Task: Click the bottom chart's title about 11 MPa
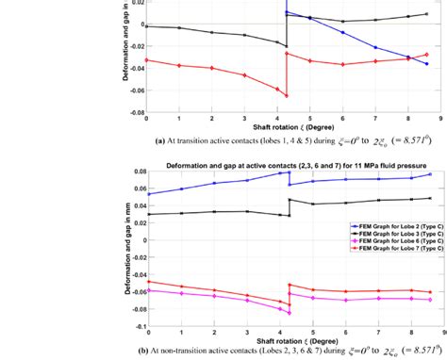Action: pyautogui.click(x=287, y=164)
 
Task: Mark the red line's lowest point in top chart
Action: pyautogui.click(x=286, y=96)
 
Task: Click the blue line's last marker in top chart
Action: pyautogui.click(x=427, y=64)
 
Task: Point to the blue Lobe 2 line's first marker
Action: pyautogui.click(x=146, y=194)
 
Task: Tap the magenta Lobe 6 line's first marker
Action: pyautogui.click(x=146, y=290)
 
